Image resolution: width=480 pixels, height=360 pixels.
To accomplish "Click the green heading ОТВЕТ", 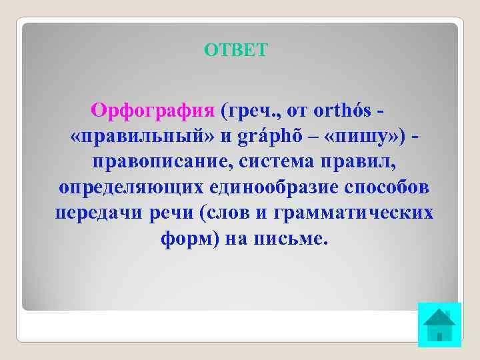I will pyautogui.click(x=236, y=51).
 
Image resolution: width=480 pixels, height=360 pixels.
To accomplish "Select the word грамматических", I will pyautogui.click(x=360, y=213).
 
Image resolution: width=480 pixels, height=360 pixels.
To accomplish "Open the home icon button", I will pyautogui.click(x=439, y=325).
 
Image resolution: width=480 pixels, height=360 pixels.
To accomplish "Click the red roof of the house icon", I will pyautogui.click(x=439, y=316).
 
